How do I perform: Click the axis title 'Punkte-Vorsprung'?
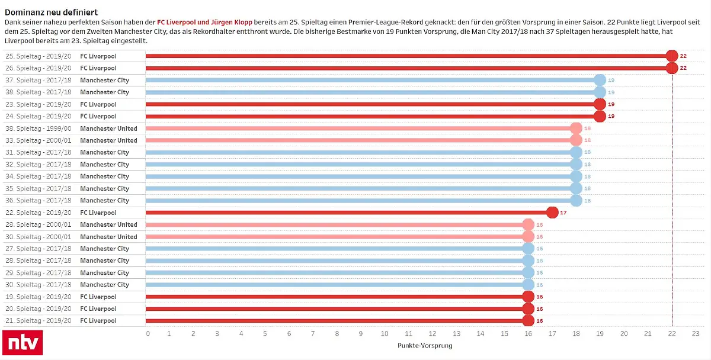[424, 345]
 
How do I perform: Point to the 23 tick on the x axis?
[696, 334]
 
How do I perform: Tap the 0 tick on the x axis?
[148, 334]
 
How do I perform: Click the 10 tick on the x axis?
[385, 334]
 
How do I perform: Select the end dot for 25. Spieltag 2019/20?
[671, 56]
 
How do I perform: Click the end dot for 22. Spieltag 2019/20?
[552, 213]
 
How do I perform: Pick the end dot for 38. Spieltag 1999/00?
[576, 128]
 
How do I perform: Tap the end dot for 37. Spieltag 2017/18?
[600, 81]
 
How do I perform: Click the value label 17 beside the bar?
[563, 213]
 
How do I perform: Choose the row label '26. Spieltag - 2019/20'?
[39, 68]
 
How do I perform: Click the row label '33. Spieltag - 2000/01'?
[39, 140]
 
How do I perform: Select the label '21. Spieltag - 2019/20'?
[39, 320]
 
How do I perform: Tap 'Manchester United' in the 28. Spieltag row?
[108, 224]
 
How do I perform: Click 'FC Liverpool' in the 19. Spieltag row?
[98, 297]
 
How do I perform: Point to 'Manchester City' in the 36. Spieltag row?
[104, 200]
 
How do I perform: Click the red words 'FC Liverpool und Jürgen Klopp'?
[204, 22]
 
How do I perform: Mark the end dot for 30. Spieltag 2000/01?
[528, 237]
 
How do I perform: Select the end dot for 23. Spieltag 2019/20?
[600, 104]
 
